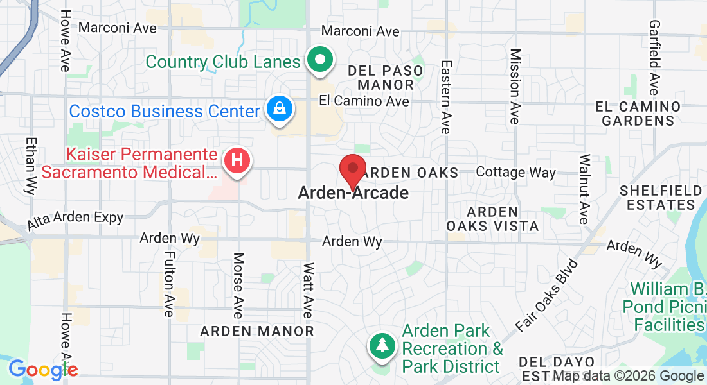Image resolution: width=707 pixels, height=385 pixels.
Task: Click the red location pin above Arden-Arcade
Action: [x=352, y=169]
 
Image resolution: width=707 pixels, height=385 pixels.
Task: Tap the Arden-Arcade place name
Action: [x=353, y=193]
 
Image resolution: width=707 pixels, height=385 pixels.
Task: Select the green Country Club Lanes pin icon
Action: [x=319, y=61]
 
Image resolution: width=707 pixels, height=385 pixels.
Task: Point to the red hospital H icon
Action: [x=237, y=161]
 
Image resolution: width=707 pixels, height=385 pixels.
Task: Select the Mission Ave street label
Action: [x=514, y=87]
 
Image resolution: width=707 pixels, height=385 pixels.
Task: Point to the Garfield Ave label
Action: [x=654, y=57]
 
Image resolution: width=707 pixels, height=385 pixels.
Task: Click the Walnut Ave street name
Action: [x=584, y=189]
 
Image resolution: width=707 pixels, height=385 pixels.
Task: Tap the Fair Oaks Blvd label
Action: [x=546, y=295]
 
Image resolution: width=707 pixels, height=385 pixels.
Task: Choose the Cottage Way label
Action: [x=515, y=172]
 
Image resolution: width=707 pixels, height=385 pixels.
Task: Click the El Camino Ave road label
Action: [x=364, y=101]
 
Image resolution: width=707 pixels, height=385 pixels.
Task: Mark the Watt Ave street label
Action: [x=308, y=290]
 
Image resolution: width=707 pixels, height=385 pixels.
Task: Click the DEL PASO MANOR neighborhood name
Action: [x=386, y=77]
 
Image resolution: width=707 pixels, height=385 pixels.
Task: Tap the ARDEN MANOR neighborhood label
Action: [x=257, y=331]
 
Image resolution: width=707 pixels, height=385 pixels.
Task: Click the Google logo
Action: [x=42, y=370]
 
